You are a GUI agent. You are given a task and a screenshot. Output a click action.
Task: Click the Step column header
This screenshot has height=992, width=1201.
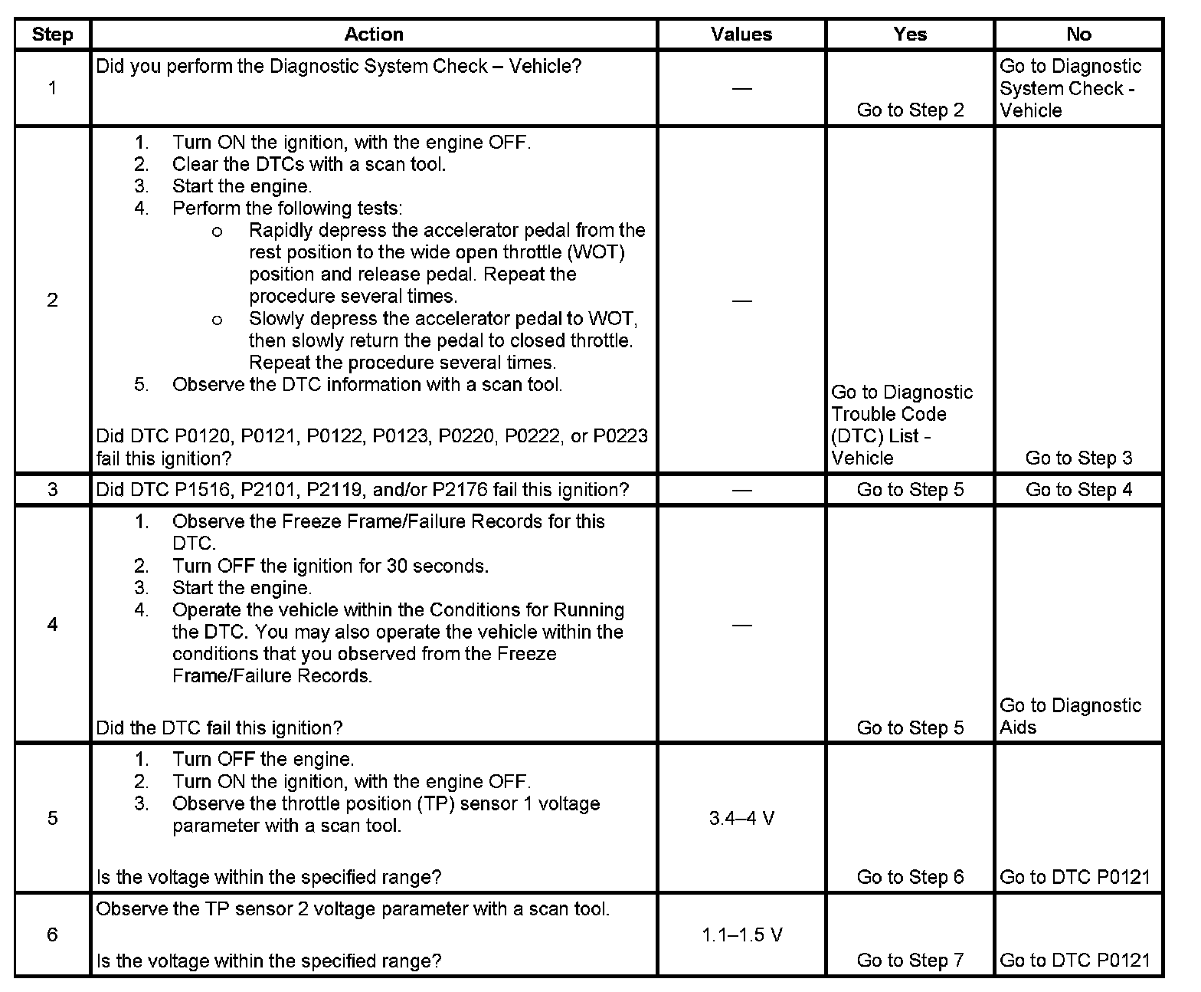[x=52, y=34]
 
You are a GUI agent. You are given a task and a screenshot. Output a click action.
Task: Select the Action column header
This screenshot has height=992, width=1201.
[x=373, y=34]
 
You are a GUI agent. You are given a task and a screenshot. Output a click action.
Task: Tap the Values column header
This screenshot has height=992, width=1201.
[x=741, y=34]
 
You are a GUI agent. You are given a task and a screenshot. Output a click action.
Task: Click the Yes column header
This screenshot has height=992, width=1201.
[x=909, y=34]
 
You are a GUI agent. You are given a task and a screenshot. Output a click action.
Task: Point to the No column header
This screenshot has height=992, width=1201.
[x=1078, y=34]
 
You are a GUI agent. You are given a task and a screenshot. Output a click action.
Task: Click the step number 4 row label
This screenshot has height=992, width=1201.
[x=52, y=625]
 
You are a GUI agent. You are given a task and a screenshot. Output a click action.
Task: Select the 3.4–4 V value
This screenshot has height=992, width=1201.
[x=741, y=819]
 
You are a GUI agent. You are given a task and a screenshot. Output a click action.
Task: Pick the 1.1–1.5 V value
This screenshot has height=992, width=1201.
[x=741, y=935]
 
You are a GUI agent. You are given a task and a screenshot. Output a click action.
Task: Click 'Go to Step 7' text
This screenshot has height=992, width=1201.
[x=910, y=960]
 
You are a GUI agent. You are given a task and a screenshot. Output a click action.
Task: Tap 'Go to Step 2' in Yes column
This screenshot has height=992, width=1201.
[x=910, y=110]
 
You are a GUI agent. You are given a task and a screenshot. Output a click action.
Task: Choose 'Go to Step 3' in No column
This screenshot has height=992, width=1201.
[x=1078, y=458]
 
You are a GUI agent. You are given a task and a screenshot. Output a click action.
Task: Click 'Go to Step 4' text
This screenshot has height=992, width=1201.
[x=1078, y=490]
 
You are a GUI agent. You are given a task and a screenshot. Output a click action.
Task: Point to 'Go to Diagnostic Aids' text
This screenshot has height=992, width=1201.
[x=1070, y=716]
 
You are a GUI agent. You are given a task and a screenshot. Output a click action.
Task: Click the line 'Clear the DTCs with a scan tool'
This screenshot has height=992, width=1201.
[x=309, y=164]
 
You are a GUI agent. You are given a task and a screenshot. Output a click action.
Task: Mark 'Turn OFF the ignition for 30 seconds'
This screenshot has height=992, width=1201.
[x=330, y=567]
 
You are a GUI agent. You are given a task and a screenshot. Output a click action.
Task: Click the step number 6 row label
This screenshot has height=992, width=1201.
[x=52, y=935]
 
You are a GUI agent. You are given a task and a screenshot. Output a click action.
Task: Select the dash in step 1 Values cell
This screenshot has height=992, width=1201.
[x=741, y=89]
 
